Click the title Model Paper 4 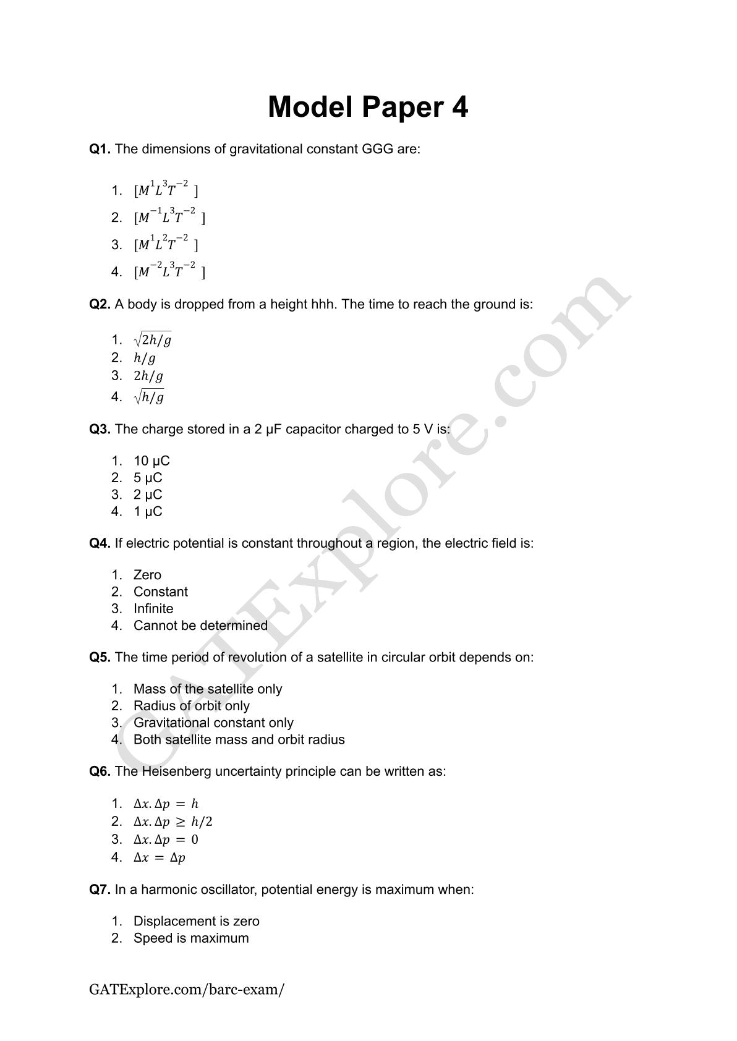[368, 107]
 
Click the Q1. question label [100, 149]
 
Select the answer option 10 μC [151, 461]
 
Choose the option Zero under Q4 [147, 575]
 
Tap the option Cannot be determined [200, 626]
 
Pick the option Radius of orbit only [191, 706]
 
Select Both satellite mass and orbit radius [239, 740]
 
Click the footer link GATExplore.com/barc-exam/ [187, 989]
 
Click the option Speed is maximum [191, 938]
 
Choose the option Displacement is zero [196, 922]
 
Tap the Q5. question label [100, 657]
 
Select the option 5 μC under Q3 [148, 478]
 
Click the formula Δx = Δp [160, 857]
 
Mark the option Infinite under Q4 [153, 609]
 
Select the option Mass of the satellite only [207, 689]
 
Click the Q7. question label [100, 890]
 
